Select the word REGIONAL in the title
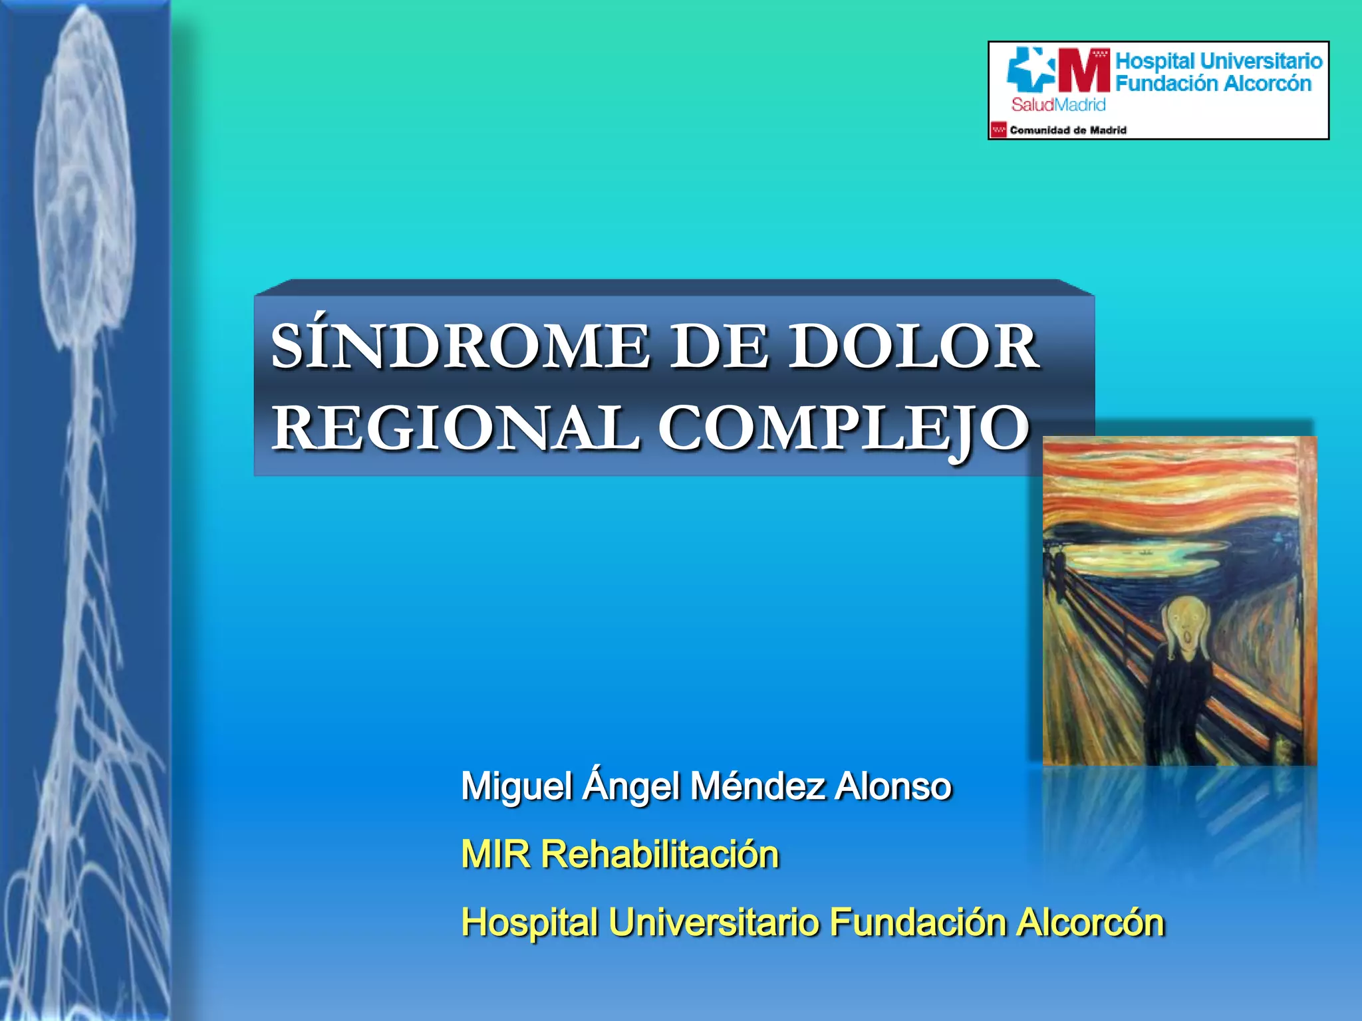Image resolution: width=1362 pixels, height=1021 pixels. tap(455, 429)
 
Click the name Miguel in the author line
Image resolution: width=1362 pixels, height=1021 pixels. tap(517, 787)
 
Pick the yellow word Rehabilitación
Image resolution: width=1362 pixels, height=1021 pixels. tap(660, 855)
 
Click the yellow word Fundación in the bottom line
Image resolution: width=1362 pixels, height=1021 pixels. tap(918, 923)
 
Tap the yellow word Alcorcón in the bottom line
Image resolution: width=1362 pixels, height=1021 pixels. tap(1091, 923)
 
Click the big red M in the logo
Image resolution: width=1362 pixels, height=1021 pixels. tap(1084, 70)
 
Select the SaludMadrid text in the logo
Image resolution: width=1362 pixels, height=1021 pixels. tap(1058, 104)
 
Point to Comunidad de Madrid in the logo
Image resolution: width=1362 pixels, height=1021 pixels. tap(1067, 130)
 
